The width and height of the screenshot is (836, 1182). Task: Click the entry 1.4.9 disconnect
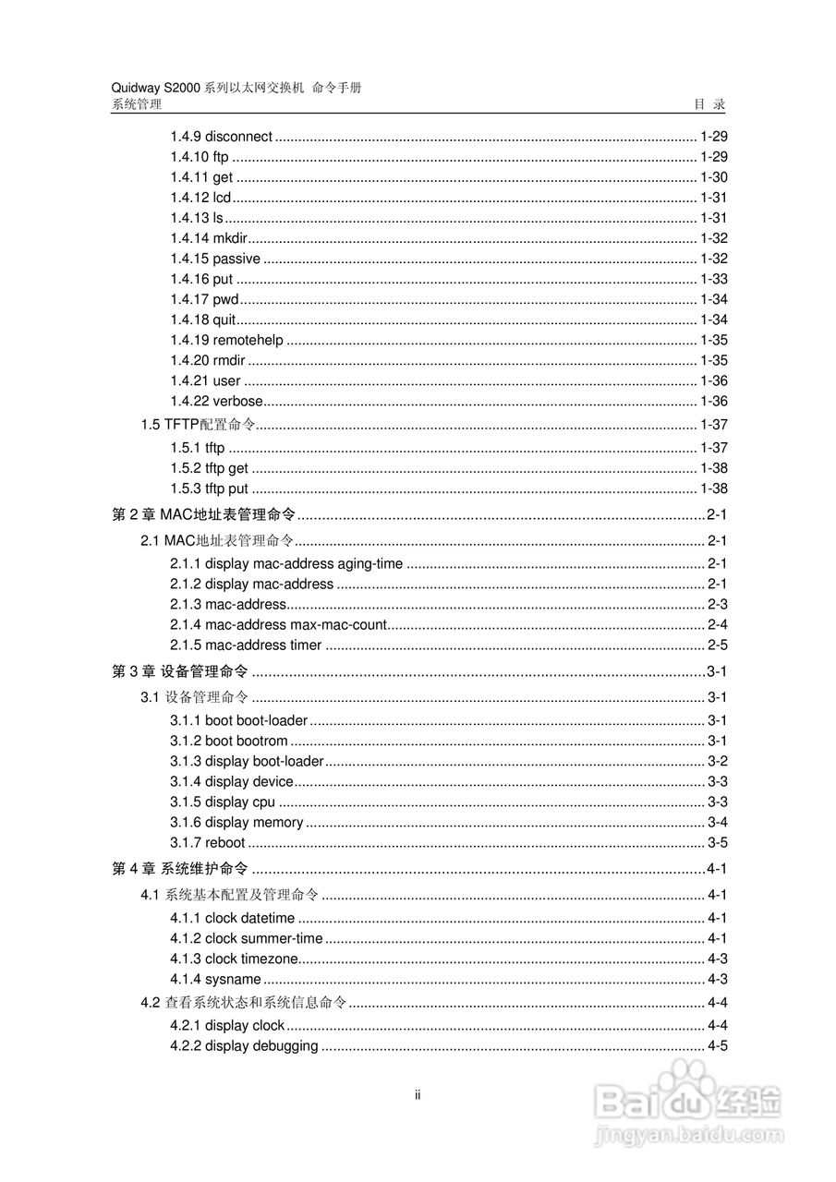pyautogui.click(x=221, y=137)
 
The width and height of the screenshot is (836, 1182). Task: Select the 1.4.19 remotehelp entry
pyautogui.click(x=226, y=340)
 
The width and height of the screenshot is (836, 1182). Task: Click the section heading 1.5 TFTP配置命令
pyautogui.click(x=198, y=425)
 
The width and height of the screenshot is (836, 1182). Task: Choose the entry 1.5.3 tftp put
pyautogui.click(x=209, y=488)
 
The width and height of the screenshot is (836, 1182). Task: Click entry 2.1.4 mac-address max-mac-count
pyautogui.click(x=278, y=624)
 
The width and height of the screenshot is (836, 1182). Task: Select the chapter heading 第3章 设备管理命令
pyautogui.click(x=179, y=671)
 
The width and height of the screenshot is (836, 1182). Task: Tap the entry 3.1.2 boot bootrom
pyautogui.click(x=229, y=741)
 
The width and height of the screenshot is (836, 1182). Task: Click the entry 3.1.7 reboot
pyautogui.click(x=208, y=842)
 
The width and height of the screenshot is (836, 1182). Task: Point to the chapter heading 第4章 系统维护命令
pyautogui.click(x=179, y=869)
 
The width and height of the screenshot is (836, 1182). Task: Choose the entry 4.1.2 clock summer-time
pyautogui.click(x=247, y=938)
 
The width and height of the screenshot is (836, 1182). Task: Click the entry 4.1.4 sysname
pyautogui.click(x=215, y=979)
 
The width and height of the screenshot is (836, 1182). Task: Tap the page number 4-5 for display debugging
pyautogui.click(x=718, y=1045)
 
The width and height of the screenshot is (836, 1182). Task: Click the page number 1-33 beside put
pyautogui.click(x=714, y=279)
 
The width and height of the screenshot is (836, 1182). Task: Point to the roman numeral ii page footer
pyautogui.click(x=418, y=1096)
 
